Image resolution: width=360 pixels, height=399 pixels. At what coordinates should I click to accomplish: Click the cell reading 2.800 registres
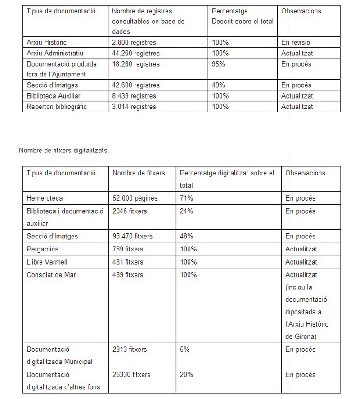[134, 42]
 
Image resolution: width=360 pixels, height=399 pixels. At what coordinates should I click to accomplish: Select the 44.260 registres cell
[136, 53]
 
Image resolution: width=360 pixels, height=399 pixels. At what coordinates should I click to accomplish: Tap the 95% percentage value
[218, 64]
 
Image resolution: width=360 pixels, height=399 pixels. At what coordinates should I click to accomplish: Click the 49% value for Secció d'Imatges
[218, 85]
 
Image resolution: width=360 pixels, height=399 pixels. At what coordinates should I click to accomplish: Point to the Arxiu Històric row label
[47, 42]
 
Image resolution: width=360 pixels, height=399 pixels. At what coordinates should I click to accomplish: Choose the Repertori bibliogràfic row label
[57, 107]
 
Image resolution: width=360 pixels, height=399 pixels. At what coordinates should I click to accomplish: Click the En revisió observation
[296, 42]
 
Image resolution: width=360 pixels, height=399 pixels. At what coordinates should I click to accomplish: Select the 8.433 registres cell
[134, 96]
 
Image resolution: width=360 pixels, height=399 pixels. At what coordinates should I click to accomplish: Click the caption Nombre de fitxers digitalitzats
[64, 150]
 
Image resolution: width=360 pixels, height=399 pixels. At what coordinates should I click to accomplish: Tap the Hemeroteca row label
[45, 198]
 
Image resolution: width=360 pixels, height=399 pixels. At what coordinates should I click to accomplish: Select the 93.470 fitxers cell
[132, 236]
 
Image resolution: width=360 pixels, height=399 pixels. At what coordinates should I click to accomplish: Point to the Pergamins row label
[43, 249]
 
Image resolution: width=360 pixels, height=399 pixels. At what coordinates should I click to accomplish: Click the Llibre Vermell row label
[47, 262]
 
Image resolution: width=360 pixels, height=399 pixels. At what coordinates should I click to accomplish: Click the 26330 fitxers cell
[131, 374]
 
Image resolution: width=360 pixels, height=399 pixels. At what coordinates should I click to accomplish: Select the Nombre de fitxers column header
[139, 173]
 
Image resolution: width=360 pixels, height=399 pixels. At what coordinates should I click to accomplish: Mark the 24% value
[186, 211]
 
